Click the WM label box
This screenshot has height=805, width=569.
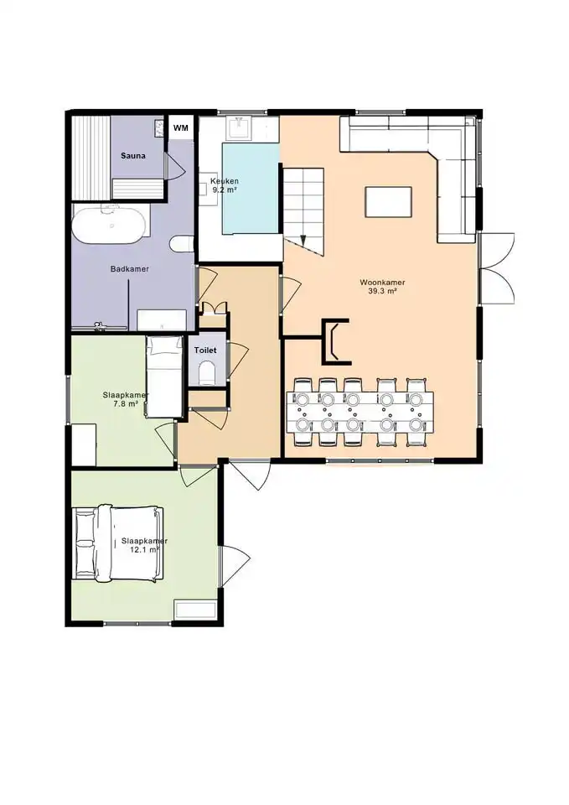point(181,127)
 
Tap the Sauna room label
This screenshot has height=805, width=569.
point(133,156)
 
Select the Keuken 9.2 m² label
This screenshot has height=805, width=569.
point(225,185)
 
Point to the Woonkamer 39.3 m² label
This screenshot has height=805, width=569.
point(382,287)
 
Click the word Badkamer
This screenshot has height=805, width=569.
point(130,268)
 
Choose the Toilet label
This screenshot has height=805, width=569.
point(205,351)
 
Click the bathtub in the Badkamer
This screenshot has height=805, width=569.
point(109,225)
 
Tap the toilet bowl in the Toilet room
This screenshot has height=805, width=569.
point(206,372)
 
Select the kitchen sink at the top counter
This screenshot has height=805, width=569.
point(239,127)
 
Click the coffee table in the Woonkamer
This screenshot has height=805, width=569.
point(388,202)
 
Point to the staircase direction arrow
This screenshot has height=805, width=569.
point(303,241)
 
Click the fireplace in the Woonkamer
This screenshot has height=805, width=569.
point(336,341)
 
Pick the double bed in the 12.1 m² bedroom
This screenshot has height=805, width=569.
point(118,543)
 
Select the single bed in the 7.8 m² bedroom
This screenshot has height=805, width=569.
point(164,377)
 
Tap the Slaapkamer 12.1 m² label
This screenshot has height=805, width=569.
point(144,545)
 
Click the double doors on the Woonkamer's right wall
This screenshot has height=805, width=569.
point(496,268)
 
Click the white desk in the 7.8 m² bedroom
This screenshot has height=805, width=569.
point(84,444)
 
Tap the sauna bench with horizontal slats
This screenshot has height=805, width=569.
point(137,188)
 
